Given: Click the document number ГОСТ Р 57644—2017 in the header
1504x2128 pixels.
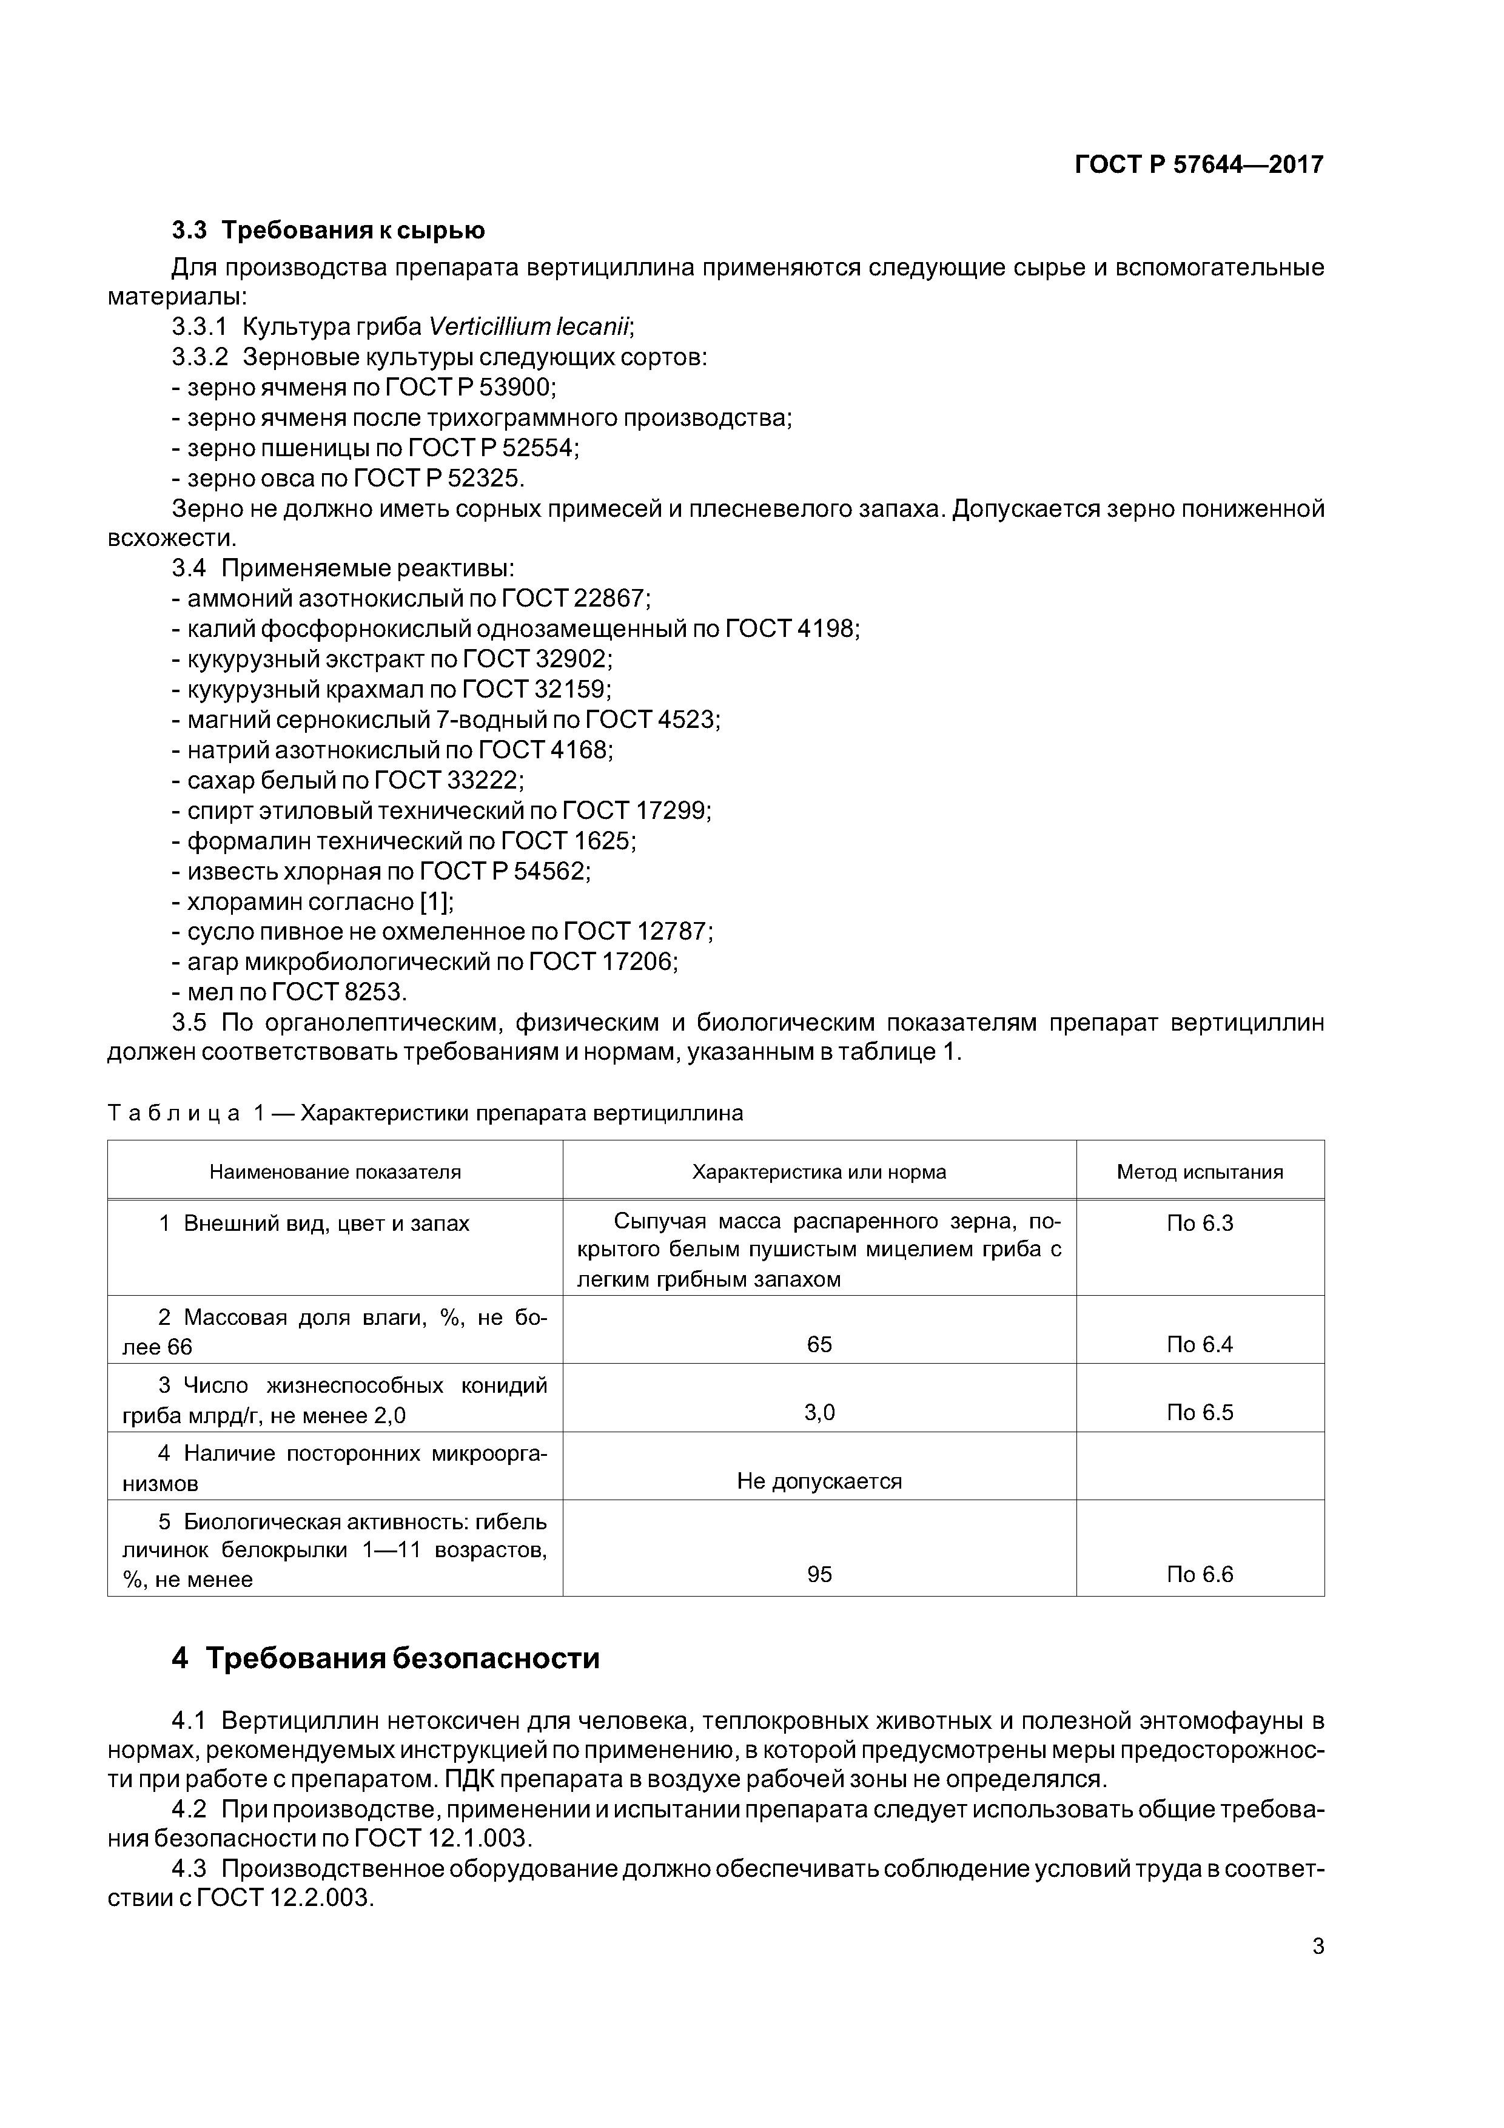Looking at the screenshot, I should click(1198, 165).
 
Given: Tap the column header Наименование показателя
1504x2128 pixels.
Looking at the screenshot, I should click(335, 1171).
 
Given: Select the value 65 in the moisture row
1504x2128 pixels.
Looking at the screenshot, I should click(819, 1345).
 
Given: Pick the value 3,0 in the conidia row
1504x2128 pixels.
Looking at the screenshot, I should click(819, 1412).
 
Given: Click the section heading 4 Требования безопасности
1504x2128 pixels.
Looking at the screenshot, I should click(386, 1658).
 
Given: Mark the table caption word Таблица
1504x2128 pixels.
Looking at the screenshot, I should click(174, 1113).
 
